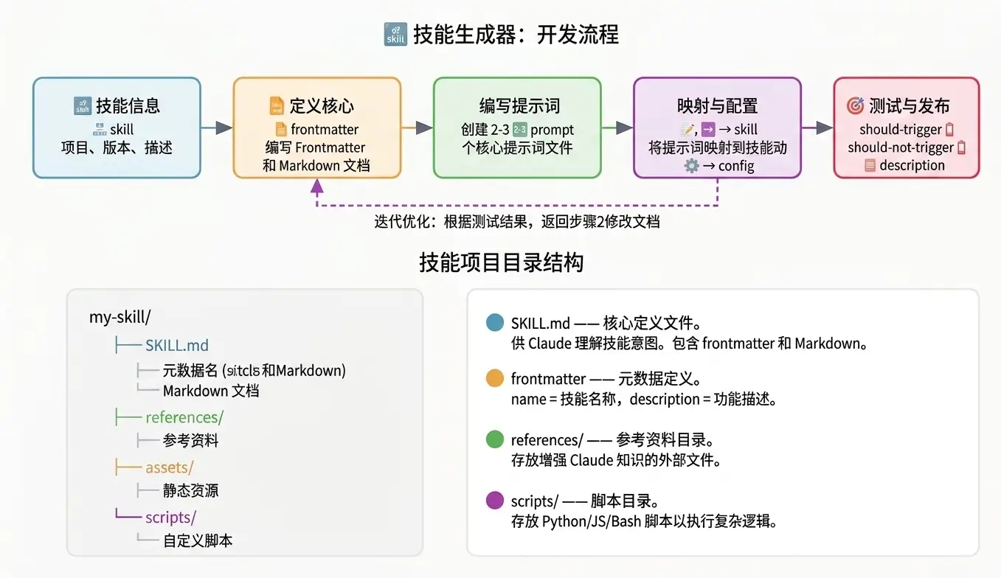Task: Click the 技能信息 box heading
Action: (128, 105)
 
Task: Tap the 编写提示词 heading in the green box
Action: (517, 105)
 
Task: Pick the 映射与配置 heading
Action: (717, 105)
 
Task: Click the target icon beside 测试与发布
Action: (855, 105)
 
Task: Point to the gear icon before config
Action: (691, 166)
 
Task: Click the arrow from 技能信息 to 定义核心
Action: (217, 128)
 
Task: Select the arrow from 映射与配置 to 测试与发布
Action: (817, 128)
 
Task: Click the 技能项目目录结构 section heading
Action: (501, 262)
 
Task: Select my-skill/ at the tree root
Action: (120, 317)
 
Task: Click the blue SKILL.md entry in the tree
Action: (177, 345)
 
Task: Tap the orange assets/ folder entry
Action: (169, 467)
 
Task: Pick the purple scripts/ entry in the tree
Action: (170, 517)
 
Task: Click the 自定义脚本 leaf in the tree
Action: (198, 540)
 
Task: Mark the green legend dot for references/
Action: (495, 440)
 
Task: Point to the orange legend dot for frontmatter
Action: (495, 379)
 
